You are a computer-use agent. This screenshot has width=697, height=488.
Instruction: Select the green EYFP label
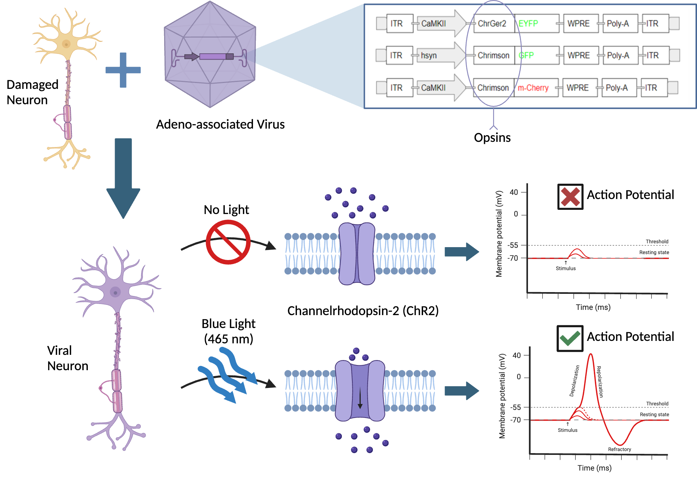tap(528, 24)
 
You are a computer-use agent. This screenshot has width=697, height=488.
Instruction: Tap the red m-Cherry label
tap(533, 88)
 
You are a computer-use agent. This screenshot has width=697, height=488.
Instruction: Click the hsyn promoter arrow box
tap(437, 55)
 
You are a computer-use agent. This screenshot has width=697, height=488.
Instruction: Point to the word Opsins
tap(492, 138)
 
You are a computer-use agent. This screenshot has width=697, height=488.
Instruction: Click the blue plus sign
tap(123, 70)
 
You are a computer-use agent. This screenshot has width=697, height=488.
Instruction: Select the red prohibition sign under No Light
tap(228, 242)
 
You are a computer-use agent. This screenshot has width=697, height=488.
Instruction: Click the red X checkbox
tap(570, 197)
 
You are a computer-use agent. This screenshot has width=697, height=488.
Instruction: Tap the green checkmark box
tap(570, 338)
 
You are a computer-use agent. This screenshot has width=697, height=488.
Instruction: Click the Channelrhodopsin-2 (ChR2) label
tap(362, 311)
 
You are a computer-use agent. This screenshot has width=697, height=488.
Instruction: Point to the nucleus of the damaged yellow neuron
tap(66, 44)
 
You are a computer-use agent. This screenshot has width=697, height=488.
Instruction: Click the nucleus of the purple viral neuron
tap(115, 292)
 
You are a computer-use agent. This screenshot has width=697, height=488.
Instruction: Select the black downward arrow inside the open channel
tap(360, 397)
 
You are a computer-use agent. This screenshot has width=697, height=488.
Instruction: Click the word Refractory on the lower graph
tap(619, 449)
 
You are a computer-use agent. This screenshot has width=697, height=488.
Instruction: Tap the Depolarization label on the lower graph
tap(574, 381)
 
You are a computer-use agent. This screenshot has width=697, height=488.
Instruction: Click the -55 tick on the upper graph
tap(513, 245)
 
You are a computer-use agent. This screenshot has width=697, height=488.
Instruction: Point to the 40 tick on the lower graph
tap(516, 356)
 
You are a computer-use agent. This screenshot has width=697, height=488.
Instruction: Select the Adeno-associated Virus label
tap(220, 124)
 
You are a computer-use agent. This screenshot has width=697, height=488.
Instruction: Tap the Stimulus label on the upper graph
tap(565, 268)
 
